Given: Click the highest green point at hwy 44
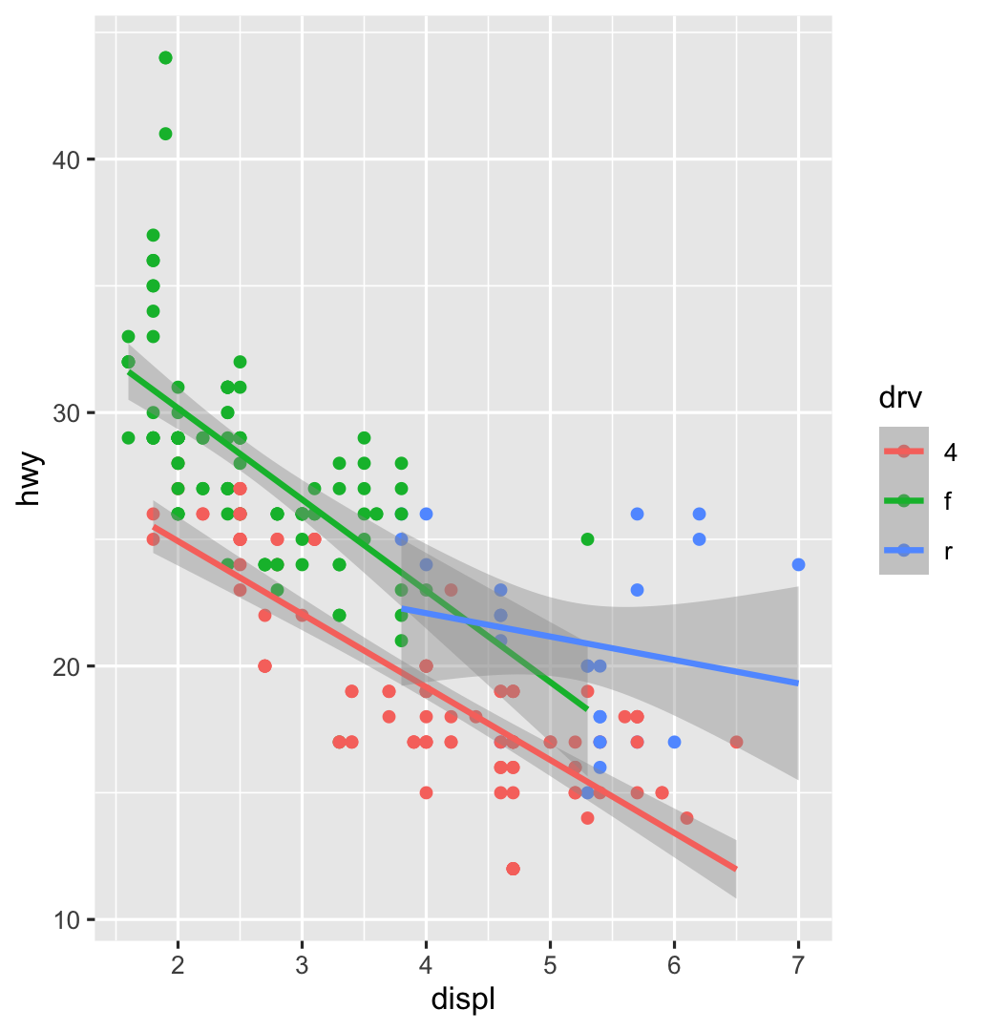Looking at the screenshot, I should pyautogui.click(x=165, y=58).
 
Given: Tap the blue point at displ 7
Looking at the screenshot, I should pyautogui.click(x=798, y=564).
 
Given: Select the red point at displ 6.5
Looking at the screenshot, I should pyautogui.click(x=736, y=742).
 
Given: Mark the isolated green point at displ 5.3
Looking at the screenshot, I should pyautogui.click(x=587, y=539).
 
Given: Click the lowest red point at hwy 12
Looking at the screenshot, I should pyautogui.click(x=513, y=869).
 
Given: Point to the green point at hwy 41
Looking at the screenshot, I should pyautogui.click(x=165, y=134).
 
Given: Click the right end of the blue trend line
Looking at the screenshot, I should pyautogui.click(x=797, y=683).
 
